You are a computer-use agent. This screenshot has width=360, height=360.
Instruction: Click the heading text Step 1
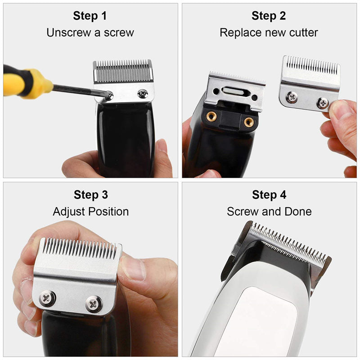tap(90, 16)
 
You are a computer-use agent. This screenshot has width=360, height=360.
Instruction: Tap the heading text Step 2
tap(269, 16)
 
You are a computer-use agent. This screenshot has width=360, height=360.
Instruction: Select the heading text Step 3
tap(91, 195)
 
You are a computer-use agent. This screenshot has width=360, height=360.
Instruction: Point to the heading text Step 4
tap(269, 195)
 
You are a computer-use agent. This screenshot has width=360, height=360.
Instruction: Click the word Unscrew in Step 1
tap(69, 32)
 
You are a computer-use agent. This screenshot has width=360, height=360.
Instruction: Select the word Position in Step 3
tap(108, 211)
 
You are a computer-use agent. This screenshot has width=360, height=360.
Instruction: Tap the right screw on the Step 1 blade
tap(143, 94)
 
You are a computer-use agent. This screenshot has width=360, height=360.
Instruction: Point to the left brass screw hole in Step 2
tap(211, 117)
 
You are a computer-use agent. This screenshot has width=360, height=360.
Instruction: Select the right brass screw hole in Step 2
tap(249, 122)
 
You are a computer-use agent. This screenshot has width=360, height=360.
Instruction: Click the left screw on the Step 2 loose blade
tap(292, 97)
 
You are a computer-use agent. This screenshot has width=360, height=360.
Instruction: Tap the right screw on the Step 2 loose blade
tap(323, 103)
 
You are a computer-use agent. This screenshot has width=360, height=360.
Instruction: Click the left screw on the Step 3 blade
tap(47, 298)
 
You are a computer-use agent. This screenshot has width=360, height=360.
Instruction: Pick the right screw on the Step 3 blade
tap(94, 305)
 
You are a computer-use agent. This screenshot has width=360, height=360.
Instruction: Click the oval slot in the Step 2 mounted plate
tap(233, 92)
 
